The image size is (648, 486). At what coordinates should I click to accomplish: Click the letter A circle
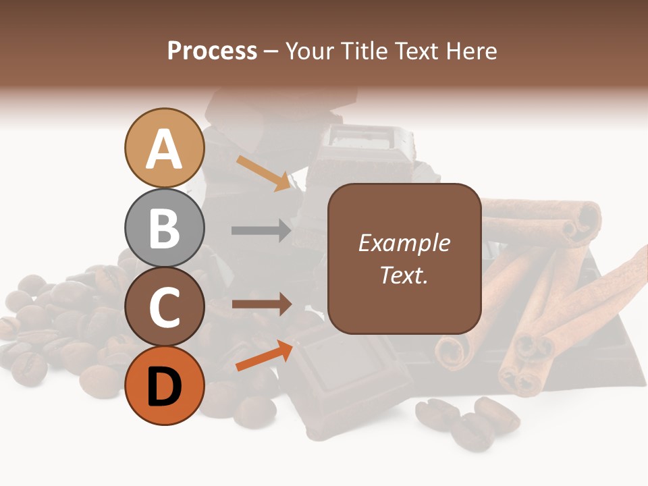(165, 148)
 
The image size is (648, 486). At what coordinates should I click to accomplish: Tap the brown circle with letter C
(165, 307)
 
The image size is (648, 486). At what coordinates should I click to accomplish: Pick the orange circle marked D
(165, 385)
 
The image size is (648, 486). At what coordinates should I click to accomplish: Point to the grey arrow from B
(261, 230)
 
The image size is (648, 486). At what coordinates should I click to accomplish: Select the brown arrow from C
(261, 304)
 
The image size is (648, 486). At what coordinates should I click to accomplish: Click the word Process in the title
(212, 51)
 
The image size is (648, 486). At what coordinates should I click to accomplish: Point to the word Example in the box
(404, 243)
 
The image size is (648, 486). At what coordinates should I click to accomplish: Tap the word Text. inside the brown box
(404, 275)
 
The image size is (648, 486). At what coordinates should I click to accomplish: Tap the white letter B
(165, 228)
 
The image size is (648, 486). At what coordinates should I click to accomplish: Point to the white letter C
(165, 308)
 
